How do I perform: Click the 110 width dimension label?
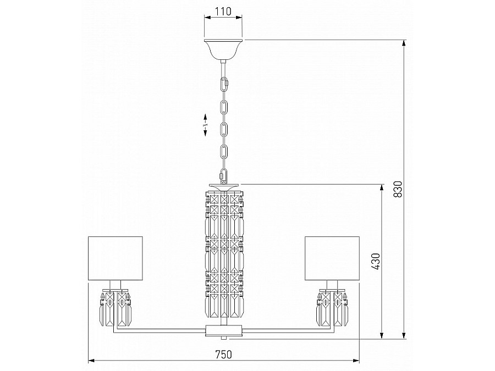223,12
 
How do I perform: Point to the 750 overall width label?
223,355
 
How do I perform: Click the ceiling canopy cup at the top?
223,49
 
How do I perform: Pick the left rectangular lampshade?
116,258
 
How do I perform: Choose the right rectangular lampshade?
332,258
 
